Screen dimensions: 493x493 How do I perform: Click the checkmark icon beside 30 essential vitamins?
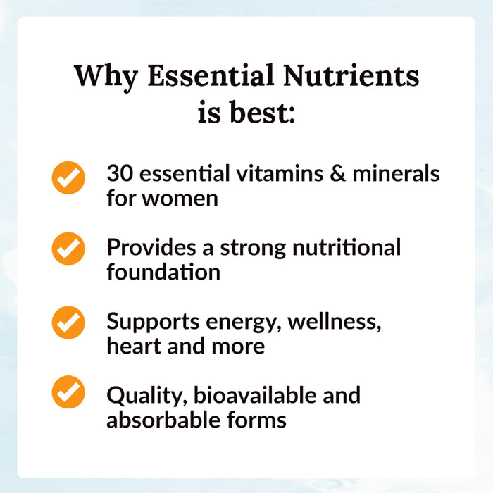tap(68, 177)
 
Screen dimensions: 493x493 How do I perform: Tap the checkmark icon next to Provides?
tap(68, 249)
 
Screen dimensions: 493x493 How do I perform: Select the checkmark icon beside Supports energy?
tap(68, 322)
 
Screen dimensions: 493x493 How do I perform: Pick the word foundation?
tap(163, 272)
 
